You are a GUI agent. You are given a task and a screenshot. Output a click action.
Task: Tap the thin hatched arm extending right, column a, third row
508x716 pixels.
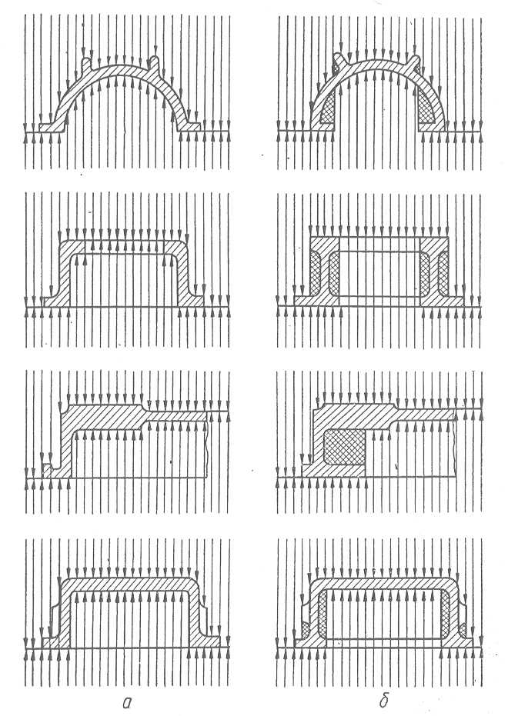177,416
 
